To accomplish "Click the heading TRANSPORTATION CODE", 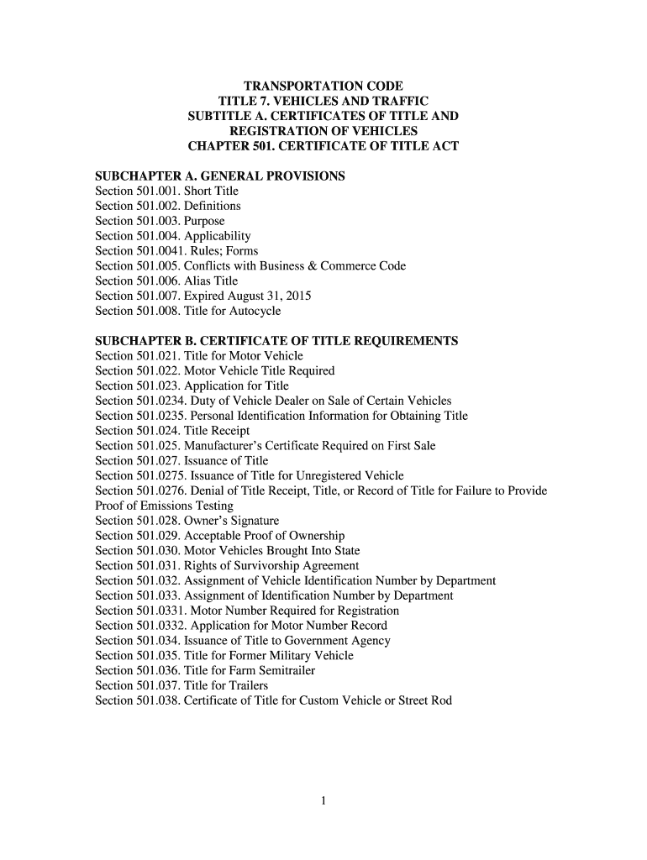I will [x=323, y=87].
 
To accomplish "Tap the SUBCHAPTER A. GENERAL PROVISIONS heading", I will [x=220, y=176].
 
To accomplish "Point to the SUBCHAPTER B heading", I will [x=276, y=341].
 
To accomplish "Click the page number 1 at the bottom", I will [x=323, y=800].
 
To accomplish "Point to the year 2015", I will [x=299, y=296].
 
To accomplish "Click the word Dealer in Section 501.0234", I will [x=295, y=401].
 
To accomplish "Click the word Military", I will [x=281, y=656].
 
